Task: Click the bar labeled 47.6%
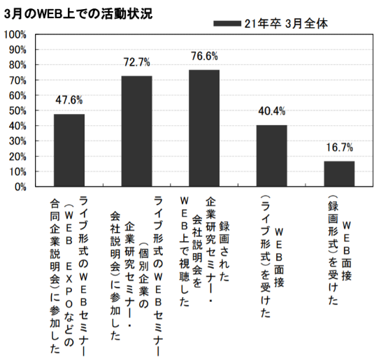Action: pos(69,150)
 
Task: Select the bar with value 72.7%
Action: pos(136,131)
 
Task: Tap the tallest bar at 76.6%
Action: pos(204,128)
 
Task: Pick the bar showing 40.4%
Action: pos(271,156)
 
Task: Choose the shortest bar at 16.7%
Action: pos(339,174)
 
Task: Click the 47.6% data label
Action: pos(69,99)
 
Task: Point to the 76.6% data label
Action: pos(204,56)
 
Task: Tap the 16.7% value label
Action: pos(339,147)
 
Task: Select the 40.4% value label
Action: pos(271,111)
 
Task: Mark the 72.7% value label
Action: pos(136,62)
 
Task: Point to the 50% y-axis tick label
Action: pos(17,110)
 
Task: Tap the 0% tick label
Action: pos(20,187)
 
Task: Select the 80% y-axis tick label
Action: pos(17,65)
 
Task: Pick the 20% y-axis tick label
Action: pos(17,156)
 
